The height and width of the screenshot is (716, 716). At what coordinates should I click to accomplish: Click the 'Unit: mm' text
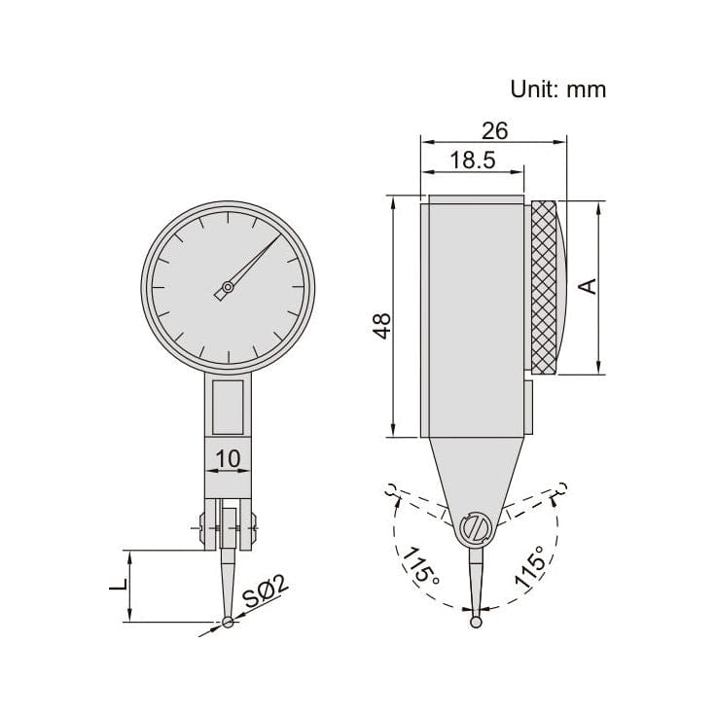557,89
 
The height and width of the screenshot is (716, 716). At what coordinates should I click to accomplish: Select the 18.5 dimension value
472,161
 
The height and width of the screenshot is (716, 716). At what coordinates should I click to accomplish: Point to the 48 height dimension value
382,325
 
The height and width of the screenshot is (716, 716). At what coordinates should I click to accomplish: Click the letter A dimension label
587,286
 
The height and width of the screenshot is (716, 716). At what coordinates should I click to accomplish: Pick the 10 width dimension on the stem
228,456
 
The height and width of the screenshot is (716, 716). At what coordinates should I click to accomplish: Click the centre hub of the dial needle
228,287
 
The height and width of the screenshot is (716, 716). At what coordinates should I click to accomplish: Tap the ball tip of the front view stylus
228,623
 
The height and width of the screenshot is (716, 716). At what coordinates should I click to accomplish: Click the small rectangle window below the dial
228,407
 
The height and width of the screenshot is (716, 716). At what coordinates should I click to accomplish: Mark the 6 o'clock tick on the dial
228,356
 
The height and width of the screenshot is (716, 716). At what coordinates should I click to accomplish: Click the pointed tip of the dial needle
279,233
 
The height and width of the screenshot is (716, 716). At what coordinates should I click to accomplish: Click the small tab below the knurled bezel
530,407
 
